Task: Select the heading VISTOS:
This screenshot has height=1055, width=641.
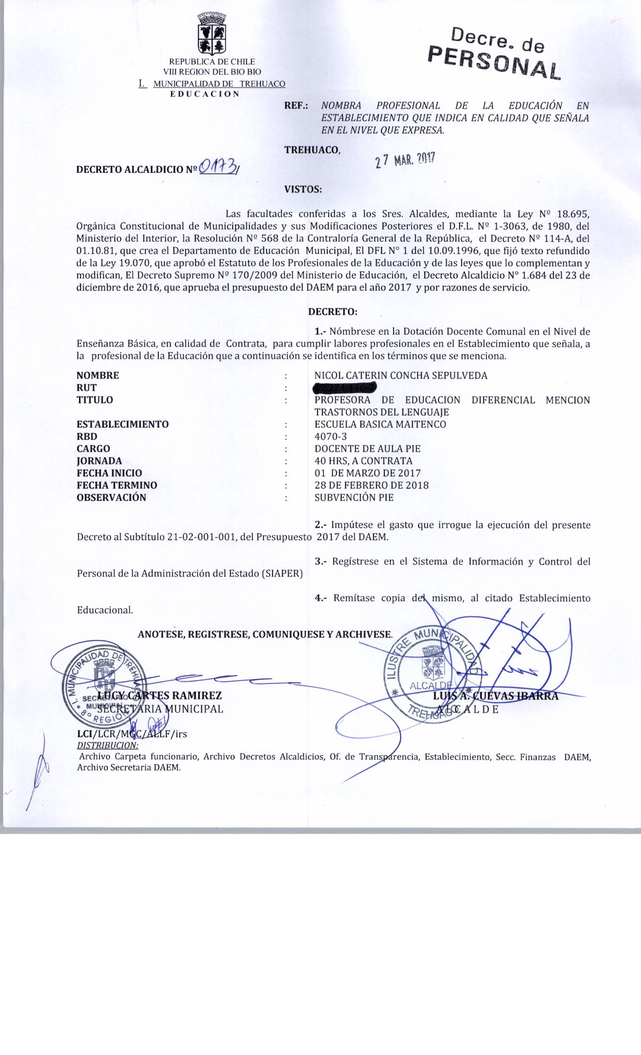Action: [303, 189]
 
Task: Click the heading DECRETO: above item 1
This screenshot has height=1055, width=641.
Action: [332, 311]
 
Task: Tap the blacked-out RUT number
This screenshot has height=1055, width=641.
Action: [345, 388]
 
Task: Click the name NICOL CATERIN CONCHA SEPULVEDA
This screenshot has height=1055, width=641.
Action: [400, 375]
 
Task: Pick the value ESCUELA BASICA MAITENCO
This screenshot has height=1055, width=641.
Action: [380, 424]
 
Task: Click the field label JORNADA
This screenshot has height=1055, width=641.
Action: [99, 461]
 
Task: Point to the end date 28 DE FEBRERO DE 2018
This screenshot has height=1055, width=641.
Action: [371, 485]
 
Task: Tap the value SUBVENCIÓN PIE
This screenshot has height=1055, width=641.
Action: [353, 497]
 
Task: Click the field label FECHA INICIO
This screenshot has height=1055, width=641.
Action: [109, 473]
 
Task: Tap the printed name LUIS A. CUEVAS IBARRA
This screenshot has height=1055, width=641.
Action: [495, 696]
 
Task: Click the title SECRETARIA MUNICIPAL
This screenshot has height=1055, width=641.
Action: [160, 709]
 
